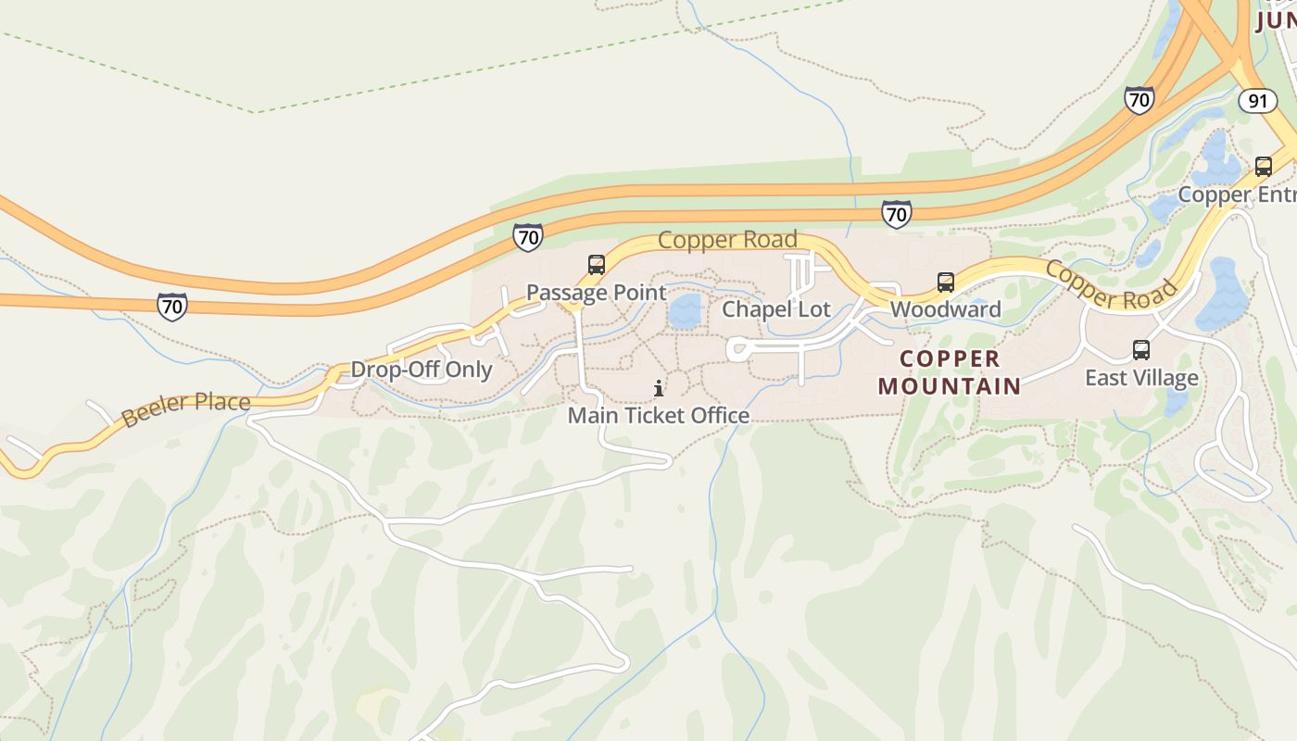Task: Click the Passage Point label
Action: [596, 293]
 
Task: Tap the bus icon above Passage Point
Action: [597, 265]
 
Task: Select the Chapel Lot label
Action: [776, 309]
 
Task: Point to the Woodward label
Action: [946, 309]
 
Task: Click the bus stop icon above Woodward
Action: [946, 282]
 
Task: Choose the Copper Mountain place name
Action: [950, 372]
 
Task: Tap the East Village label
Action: [1141, 378]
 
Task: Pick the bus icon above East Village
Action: [1141, 350]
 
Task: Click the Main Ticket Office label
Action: [659, 415]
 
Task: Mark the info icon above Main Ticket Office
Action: [659, 388]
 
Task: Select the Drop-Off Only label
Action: [422, 370]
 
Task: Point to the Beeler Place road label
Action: [186, 408]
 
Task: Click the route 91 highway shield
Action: [1257, 101]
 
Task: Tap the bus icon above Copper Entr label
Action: [1264, 167]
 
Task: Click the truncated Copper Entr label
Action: [1238, 195]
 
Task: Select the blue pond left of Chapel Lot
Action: [685, 312]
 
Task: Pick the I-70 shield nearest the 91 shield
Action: [1140, 100]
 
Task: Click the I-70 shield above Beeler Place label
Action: [172, 307]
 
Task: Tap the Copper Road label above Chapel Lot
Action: [727, 240]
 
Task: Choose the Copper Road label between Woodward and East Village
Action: [1111, 284]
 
